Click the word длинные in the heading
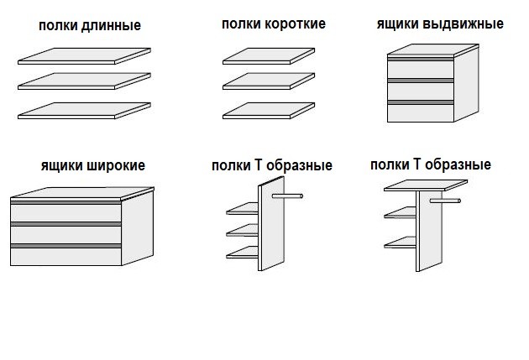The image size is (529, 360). pyautogui.click(x=111, y=26)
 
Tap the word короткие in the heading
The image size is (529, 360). pyautogui.click(x=295, y=23)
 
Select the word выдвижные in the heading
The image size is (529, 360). pyautogui.click(x=463, y=23)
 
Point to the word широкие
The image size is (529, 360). pyautogui.click(x=116, y=165)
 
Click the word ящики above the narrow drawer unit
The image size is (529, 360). pyautogui.click(x=397, y=24)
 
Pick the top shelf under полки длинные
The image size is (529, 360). pyautogui.click(x=84, y=56)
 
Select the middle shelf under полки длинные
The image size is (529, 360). pyautogui.click(x=84, y=81)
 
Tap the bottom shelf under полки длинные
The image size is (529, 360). pyautogui.click(x=84, y=111)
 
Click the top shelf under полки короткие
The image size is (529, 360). pyautogui.click(x=269, y=56)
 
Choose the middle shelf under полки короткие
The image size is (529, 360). pyautogui.click(x=269, y=81)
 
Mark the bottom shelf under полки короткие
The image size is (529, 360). pyautogui.click(x=269, y=111)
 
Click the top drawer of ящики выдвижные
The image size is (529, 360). pyautogui.click(x=421, y=70)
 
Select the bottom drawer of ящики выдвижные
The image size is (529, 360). pyautogui.click(x=421, y=113)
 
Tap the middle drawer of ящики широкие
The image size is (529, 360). pyautogui.click(x=65, y=235)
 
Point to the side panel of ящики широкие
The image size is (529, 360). pyautogui.click(x=138, y=228)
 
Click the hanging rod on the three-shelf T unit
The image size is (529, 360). pyautogui.click(x=287, y=196)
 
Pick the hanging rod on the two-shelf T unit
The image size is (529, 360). pyautogui.click(x=445, y=201)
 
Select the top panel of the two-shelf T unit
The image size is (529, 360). pyautogui.click(x=426, y=185)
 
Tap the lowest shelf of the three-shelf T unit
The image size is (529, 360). pyautogui.click(x=242, y=253)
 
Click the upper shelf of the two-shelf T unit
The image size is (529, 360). pyautogui.click(x=401, y=212)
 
